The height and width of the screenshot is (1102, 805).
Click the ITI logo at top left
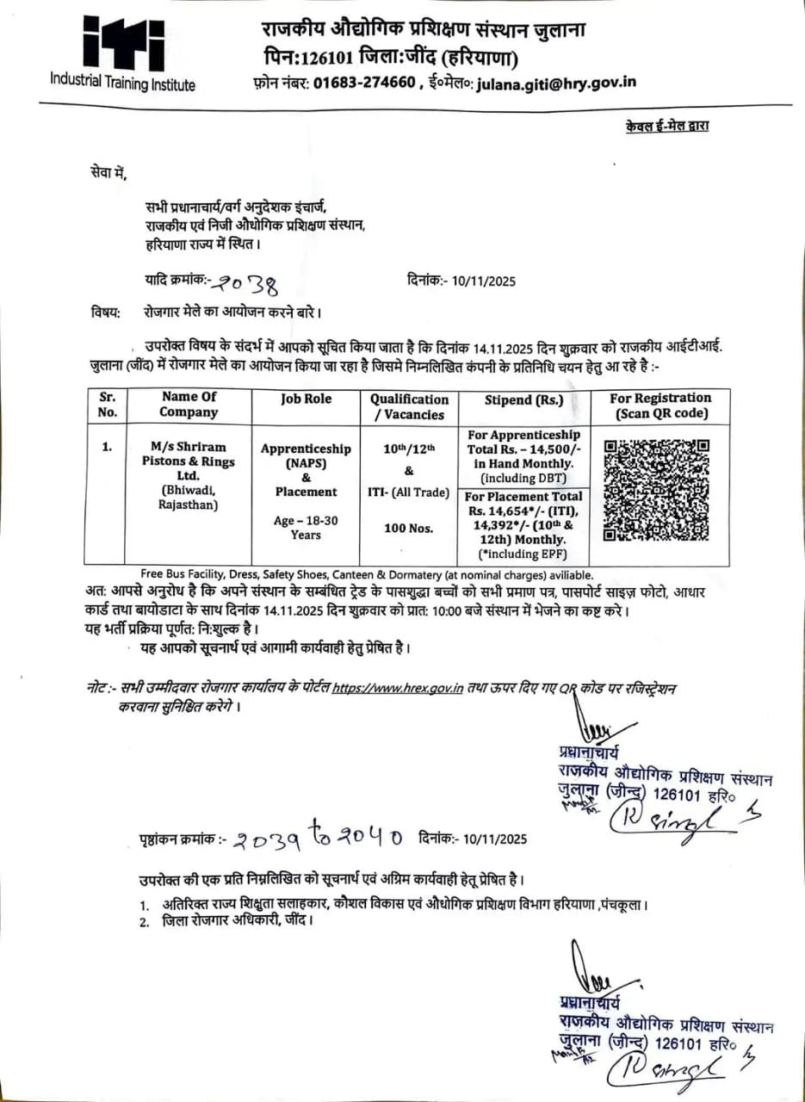[x=122, y=44]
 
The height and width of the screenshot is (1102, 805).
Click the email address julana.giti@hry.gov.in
[x=558, y=83]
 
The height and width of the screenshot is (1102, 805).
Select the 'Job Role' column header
[x=306, y=399]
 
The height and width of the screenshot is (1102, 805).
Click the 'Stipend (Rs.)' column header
[x=523, y=399]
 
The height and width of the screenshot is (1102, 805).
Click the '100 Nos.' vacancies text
[x=409, y=528]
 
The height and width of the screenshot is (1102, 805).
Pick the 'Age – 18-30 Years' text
[x=306, y=527]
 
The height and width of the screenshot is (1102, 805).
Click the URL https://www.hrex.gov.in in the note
[x=399, y=688]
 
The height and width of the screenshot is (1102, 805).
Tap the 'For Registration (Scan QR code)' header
[x=660, y=406]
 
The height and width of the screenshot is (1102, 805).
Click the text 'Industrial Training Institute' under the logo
[x=122, y=84]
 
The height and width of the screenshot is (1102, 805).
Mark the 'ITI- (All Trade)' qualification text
[x=409, y=492]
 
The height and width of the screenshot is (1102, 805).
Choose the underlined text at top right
[x=668, y=127]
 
